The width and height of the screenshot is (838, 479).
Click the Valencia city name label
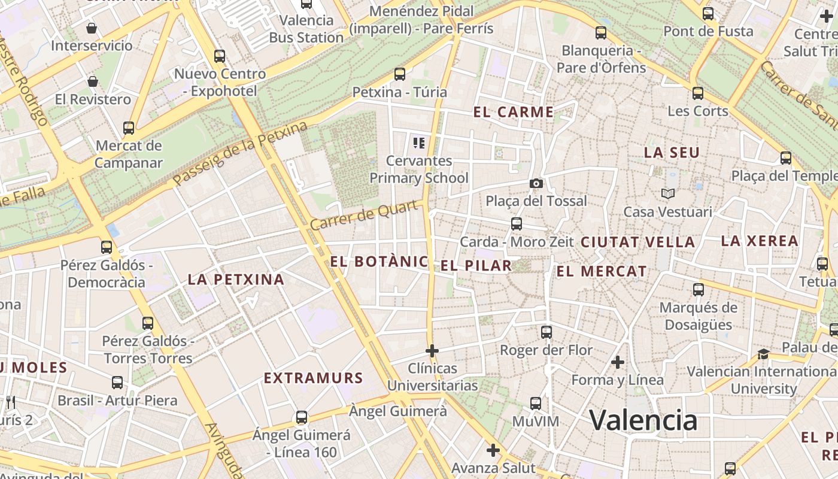[x=643, y=420]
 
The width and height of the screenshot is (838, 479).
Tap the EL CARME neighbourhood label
[x=514, y=112]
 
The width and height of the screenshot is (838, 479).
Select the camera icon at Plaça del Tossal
[x=536, y=183]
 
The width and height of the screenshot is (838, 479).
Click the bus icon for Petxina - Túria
[x=400, y=74]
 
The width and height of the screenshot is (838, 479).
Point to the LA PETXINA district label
[x=236, y=280]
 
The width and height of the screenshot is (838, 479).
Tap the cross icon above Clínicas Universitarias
[x=432, y=350]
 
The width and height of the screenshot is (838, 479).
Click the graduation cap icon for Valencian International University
[x=763, y=354]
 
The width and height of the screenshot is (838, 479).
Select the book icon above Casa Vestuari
[x=667, y=193]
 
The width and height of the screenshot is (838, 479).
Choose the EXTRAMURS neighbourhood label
[x=314, y=378]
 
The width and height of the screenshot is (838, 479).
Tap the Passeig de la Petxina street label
[x=240, y=153]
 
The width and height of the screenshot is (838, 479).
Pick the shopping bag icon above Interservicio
[x=92, y=28]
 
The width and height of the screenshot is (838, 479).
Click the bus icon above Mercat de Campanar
[x=129, y=128]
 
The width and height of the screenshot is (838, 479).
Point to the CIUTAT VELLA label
[x=637, y=242]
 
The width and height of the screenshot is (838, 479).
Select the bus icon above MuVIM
[x=536, y=404]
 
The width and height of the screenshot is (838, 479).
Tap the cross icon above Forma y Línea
[x=618, y=362]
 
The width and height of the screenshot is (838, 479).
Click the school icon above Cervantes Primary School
[x=419, y=143]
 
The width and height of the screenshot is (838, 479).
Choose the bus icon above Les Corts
[x=698, y=93]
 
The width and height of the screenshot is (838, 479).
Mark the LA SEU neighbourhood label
[x=672, y=153]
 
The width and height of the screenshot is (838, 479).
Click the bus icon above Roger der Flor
[x=546, y=332]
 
